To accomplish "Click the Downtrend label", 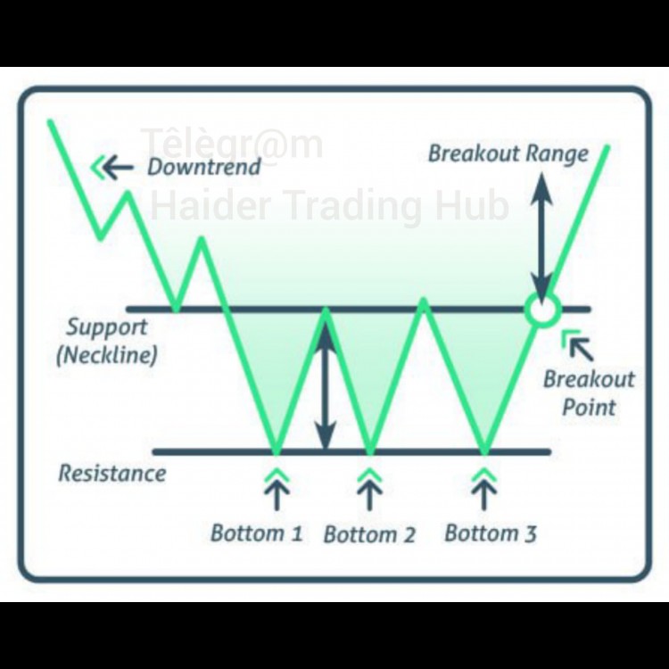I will [x=204, y=167].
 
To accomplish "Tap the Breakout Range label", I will [x=508, y=153].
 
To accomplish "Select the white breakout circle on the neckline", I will [x=541, y=310].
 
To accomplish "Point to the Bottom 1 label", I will [x=256, y=533].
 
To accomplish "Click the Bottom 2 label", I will [x=369, y=535].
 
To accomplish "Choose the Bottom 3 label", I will [x=491, y=533].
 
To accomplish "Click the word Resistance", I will [x=112, y=472].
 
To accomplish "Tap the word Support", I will [x=107, y=326].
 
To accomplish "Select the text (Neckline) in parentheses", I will [x=107, y=355].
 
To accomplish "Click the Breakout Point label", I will [x=590, y=393].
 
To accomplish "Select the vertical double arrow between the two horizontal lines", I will [x=326, y=385].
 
